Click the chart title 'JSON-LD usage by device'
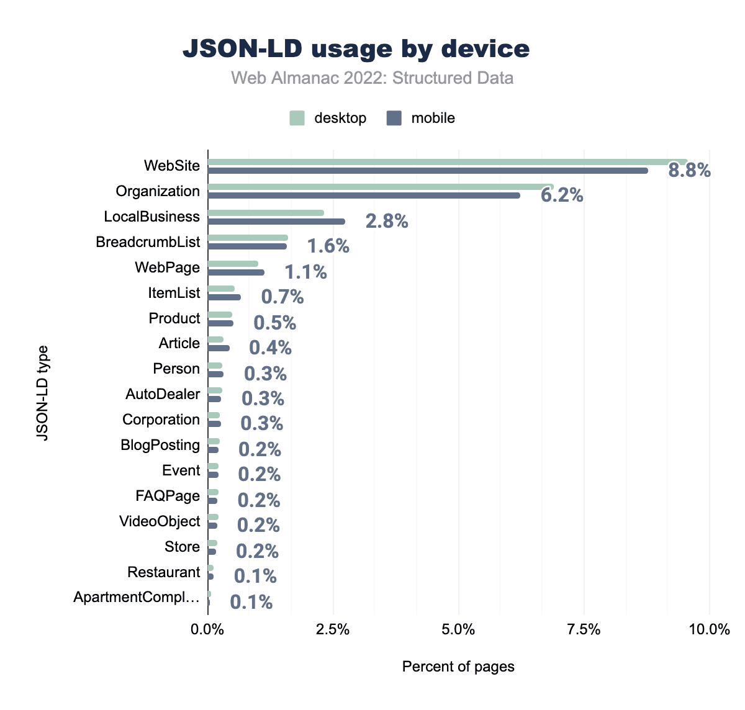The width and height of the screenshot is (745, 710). pyautogui.click(x=356, y=49)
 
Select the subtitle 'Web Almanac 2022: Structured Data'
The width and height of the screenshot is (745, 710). pyautogui.click(x=372, y=78)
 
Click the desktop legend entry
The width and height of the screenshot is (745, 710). pyautogui.click(x=328, y=118)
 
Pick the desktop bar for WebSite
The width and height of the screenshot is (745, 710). pyautogui.click(x=447, y=162)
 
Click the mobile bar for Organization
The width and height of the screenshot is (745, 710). pyautogui.click(x=364, y=195)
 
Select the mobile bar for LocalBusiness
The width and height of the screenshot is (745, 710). pyautogui.click(x=276, y=221)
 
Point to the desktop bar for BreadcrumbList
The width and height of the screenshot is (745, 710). pyautogui.click(x=248, y=238)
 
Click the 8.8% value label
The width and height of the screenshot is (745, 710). pyautogui.click(x=689, y=170)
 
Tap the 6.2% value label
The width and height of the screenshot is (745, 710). pyautogui.click(x=562, y=195)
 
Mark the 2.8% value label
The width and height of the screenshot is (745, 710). pyautogui.click(x=387, y=221)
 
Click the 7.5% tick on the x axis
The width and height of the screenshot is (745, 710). pyautogui.click(x=584, y=630)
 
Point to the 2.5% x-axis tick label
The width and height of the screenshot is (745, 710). pyautogui.click(x=333, y=630)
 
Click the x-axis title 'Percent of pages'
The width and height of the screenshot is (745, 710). pyautogui.click(x=458, y=667)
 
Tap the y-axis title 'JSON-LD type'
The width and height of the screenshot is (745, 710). pyautogui.click(x=42, y=393)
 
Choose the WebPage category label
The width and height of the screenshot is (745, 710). pyautogui.click(x=168, y=267)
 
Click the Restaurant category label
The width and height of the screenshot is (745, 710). pyautogui.click(x=164, y=572)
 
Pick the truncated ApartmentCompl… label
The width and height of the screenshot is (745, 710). pyautogui.click(x=137, y=598)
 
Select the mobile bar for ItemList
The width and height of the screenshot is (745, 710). pyautogui.click(x=224, y=297)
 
